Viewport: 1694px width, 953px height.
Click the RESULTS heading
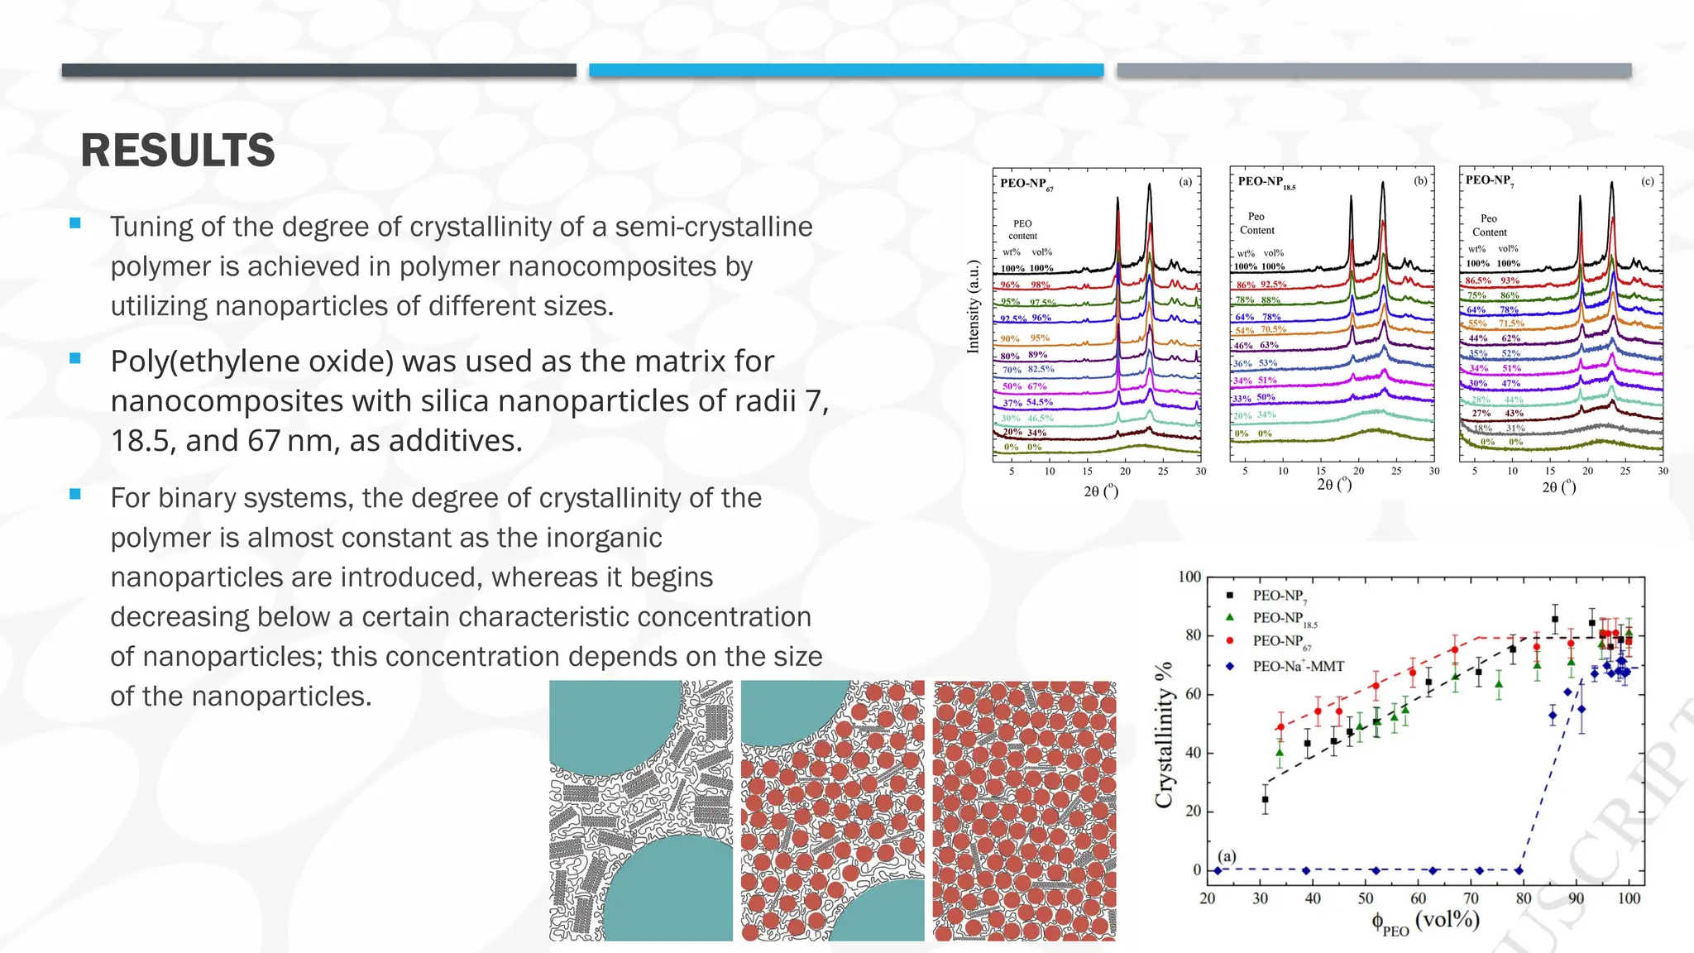click(x=177, y=151)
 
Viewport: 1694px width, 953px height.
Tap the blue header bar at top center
click(x=846, y=70)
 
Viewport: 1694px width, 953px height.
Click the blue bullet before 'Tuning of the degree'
click(x=75, y=223)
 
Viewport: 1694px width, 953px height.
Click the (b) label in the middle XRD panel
click(x=1420, y=180)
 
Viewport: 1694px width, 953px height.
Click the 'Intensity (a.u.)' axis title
click(x=974, y=307)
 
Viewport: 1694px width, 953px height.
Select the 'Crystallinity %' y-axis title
click(x=1164, y=735)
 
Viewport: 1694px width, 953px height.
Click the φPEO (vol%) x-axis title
click(x=1425, y=922)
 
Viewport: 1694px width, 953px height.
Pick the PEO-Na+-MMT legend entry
click(x=1298, y=666)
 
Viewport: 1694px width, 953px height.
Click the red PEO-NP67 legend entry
click(x=1281, y=641)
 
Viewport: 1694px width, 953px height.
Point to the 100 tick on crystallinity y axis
click(x=1189, y=577)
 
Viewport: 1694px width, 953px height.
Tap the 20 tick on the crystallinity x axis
click(x=1208, y=898)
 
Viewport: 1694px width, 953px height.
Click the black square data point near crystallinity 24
click(x=1265, y=800)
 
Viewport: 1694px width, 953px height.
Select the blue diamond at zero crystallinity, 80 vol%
click(x=1519, y=870)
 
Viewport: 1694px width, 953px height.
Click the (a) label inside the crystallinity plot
click(x=1227, y=855)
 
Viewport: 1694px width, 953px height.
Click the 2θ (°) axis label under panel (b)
click(x=1334, y=484)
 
